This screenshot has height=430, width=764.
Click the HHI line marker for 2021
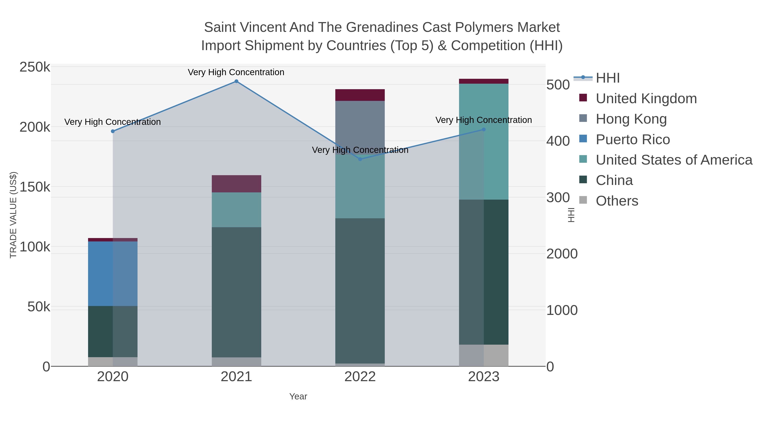(x=236, y=81)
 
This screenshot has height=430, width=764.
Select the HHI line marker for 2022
(x=360, y=159)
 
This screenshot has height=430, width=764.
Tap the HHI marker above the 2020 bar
(x=113, y=131)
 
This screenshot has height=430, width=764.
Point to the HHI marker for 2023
(x=484, y=129)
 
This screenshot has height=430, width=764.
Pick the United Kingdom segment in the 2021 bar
(x=236, y=184)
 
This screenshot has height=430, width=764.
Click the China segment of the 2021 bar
(x=236, y=292)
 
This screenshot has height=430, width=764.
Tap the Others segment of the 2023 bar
(x=484, y=355)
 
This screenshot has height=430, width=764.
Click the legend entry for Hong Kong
(x=631, y=119)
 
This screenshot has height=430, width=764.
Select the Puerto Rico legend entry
(x=633, y=140)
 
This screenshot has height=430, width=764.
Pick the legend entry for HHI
(x=607, y=78)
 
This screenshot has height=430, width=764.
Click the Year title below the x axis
(x=298, y=396)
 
